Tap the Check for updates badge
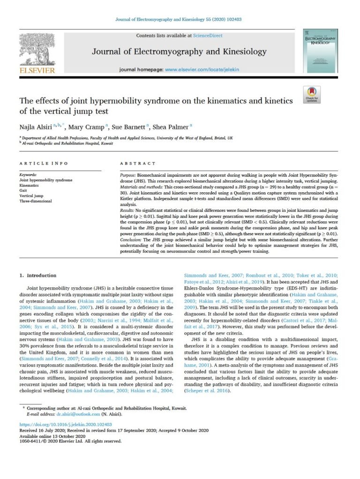tap(312, 94)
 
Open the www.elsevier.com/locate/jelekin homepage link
tap(202, 69)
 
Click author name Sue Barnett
tap(130, 126)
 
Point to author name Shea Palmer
tap(173, 126)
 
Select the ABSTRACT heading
tap(138, 163)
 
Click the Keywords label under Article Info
tap(29, 174)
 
